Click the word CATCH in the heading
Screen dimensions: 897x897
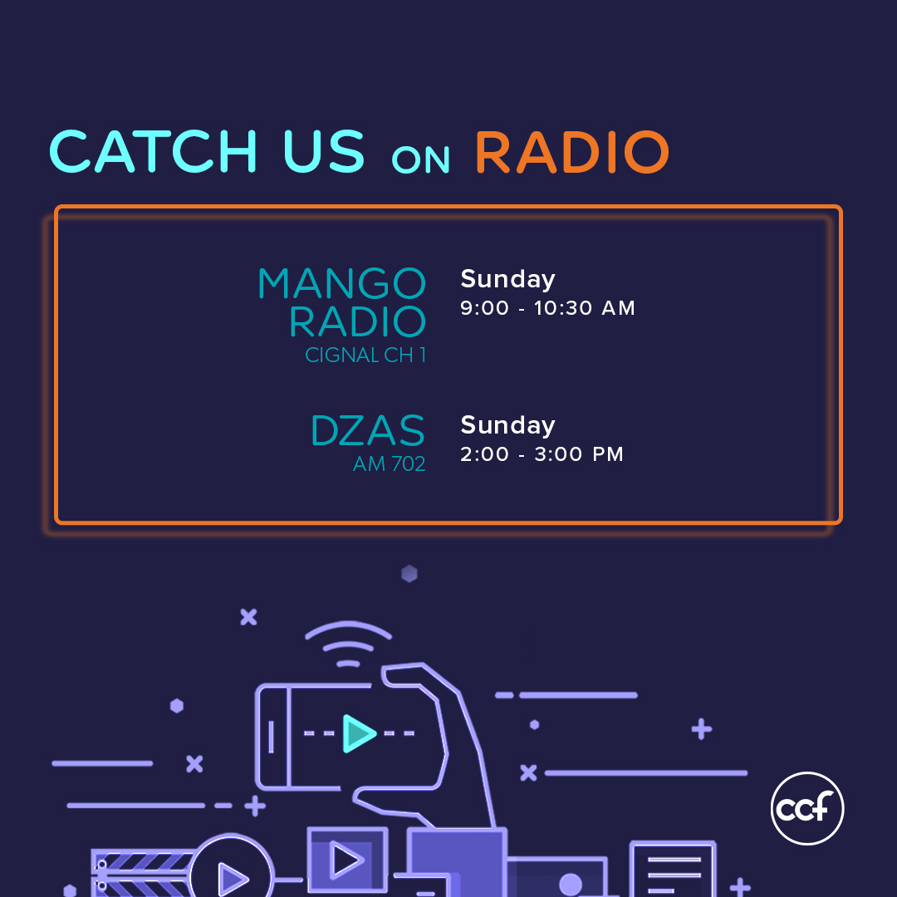tap(154, 151)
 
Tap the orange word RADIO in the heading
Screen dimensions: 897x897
tap(572, 152)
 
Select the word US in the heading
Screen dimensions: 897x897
tap(324, 152)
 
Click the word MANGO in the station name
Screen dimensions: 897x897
tap(342, 283)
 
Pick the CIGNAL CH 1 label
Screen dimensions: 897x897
tap(365, 355)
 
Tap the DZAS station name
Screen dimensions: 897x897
tap(368, 430)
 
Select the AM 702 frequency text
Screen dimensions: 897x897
tap(389, 463)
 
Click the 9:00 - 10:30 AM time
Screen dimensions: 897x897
tap(547, 308)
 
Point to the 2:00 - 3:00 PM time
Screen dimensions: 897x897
tap(542, 454)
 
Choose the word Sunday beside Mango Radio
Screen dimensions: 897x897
tap(508, 279)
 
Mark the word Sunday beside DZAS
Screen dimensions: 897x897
tap(508, 425)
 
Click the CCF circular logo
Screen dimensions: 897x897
tap(807, 808)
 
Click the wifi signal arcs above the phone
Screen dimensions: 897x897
tap(348, 631)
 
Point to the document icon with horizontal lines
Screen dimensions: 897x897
tap(673, 869)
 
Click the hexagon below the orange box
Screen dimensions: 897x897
tap(409, 574)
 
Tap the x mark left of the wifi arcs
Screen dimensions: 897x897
tap(249, 617)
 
